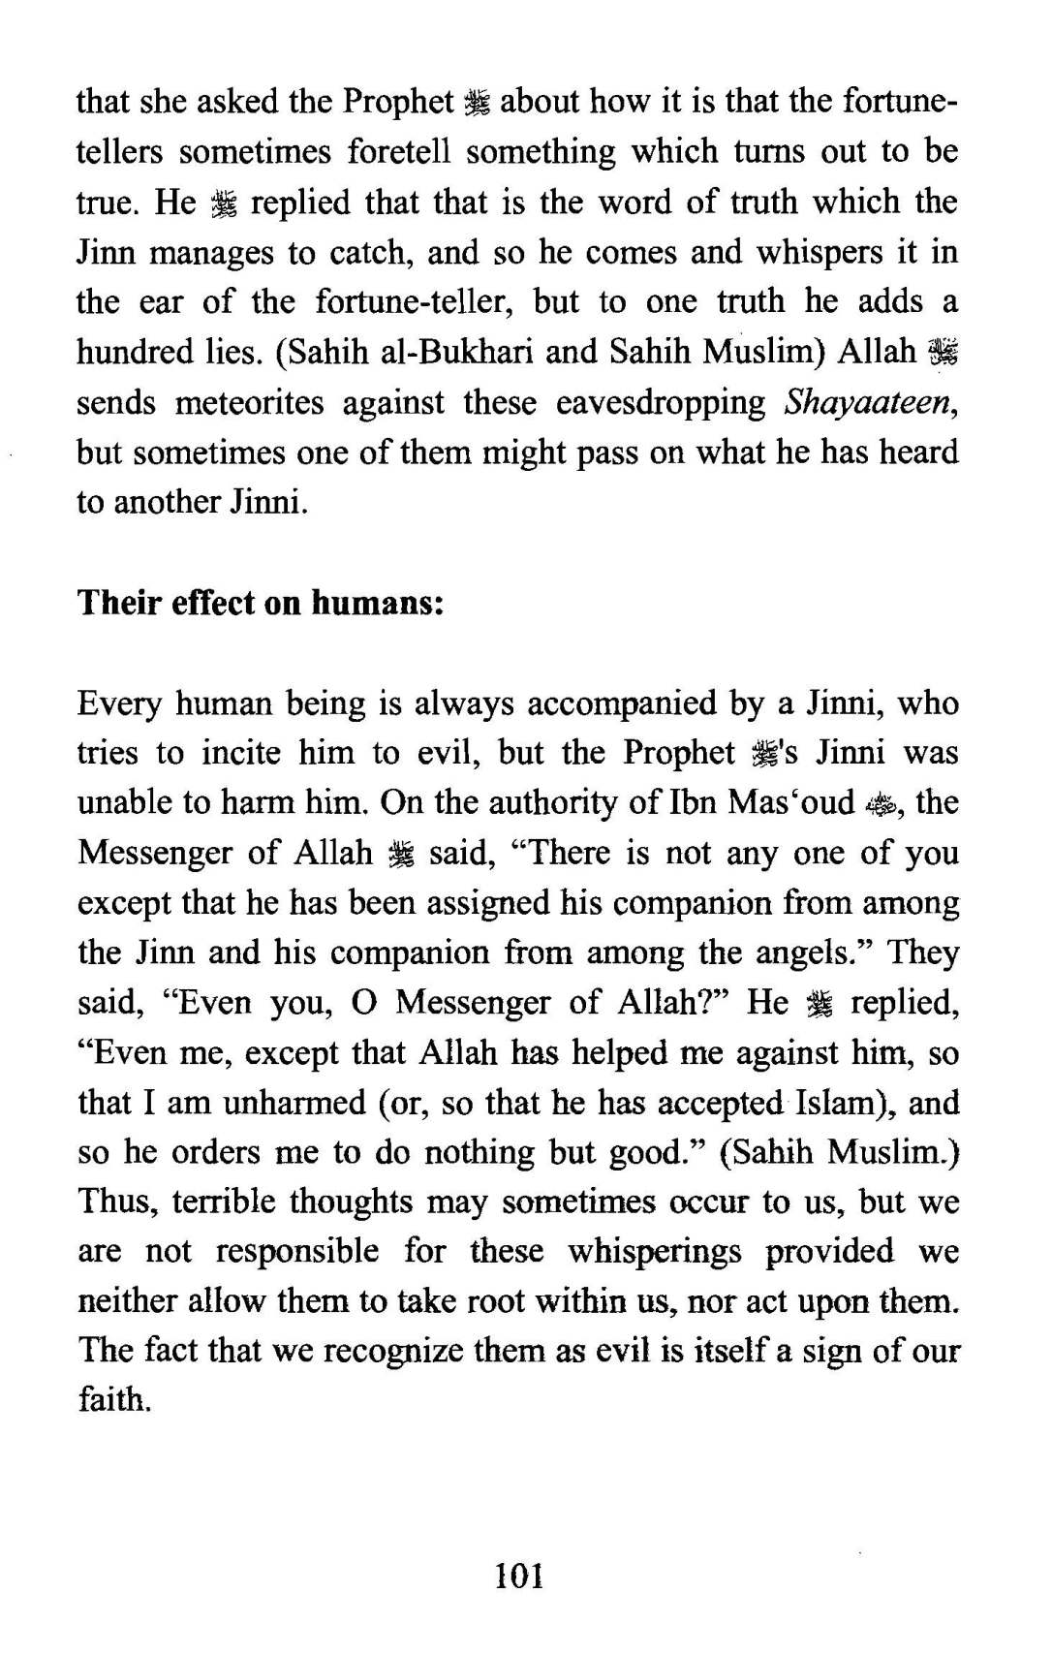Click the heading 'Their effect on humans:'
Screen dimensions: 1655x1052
[260, 603]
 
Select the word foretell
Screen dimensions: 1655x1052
[389, 152]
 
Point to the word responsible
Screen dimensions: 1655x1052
[296, 1251]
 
